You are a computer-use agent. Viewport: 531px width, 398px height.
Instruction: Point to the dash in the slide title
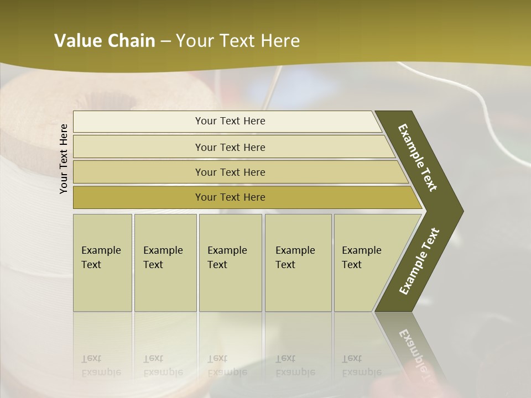pyautogui.click(x=165, y=41)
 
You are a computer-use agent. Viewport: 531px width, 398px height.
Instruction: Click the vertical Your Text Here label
pyautogui.click(x=64, y=159)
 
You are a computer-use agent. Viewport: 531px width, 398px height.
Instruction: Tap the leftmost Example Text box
pyautogui.click(x=102, y=263)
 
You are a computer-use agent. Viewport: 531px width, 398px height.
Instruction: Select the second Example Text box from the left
pyautogui.click(x=165, y=263)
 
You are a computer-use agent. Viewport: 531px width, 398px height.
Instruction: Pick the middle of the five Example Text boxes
pyautogui.click(x=230, y=263)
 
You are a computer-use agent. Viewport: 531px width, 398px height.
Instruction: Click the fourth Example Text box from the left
pyautogui.click(x=298, y=263)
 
